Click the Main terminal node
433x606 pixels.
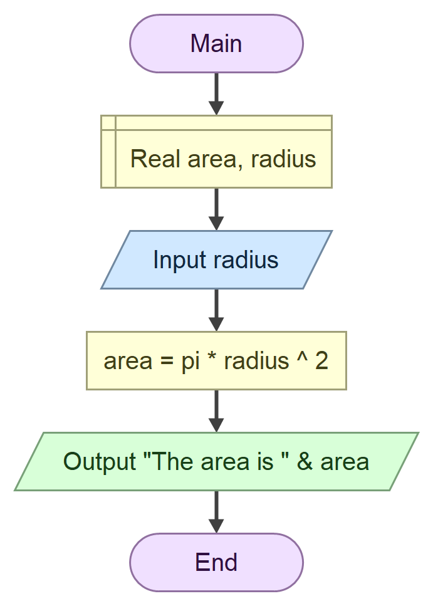[216, 44]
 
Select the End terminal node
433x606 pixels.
[216, 562]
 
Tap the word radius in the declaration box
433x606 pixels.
[283, 159]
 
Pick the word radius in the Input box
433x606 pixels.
[245, 259]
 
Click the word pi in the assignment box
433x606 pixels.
[190, 362]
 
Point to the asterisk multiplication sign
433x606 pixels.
[211, 360]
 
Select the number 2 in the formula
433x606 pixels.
[321, 362]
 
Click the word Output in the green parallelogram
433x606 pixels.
[100, 462]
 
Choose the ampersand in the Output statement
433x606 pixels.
[305, 462]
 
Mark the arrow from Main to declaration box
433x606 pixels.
[216, 94]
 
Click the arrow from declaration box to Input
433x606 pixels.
[216, 209]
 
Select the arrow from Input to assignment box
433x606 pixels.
[216, 310]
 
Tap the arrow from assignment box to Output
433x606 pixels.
[216, 410]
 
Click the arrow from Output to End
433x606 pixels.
[216, 511]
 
